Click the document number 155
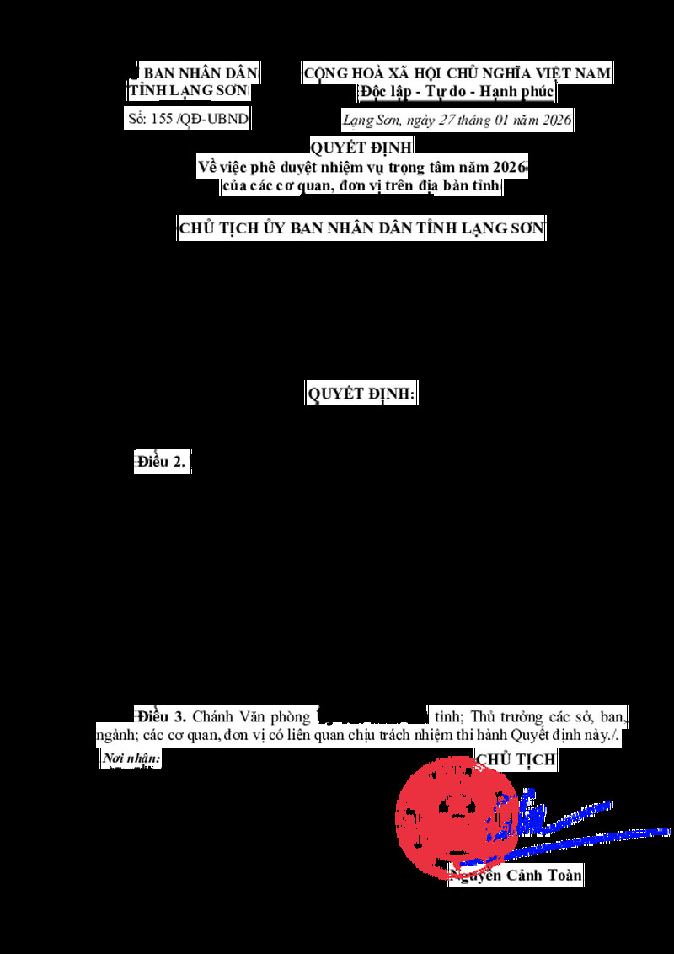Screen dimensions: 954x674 (162, 119)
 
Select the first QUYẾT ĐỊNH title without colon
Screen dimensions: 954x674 (362, 149)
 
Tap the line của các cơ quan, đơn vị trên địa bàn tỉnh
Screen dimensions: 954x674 (362, 186)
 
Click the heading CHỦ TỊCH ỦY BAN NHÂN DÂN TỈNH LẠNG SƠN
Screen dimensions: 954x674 (362, 228)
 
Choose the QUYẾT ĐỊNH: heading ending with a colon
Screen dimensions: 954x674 (362, 394)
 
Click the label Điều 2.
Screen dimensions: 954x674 (162, 462)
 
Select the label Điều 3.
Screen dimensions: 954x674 (162, 717)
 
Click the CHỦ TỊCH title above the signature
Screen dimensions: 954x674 (516, 759)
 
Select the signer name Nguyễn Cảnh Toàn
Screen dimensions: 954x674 (517, 876)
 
